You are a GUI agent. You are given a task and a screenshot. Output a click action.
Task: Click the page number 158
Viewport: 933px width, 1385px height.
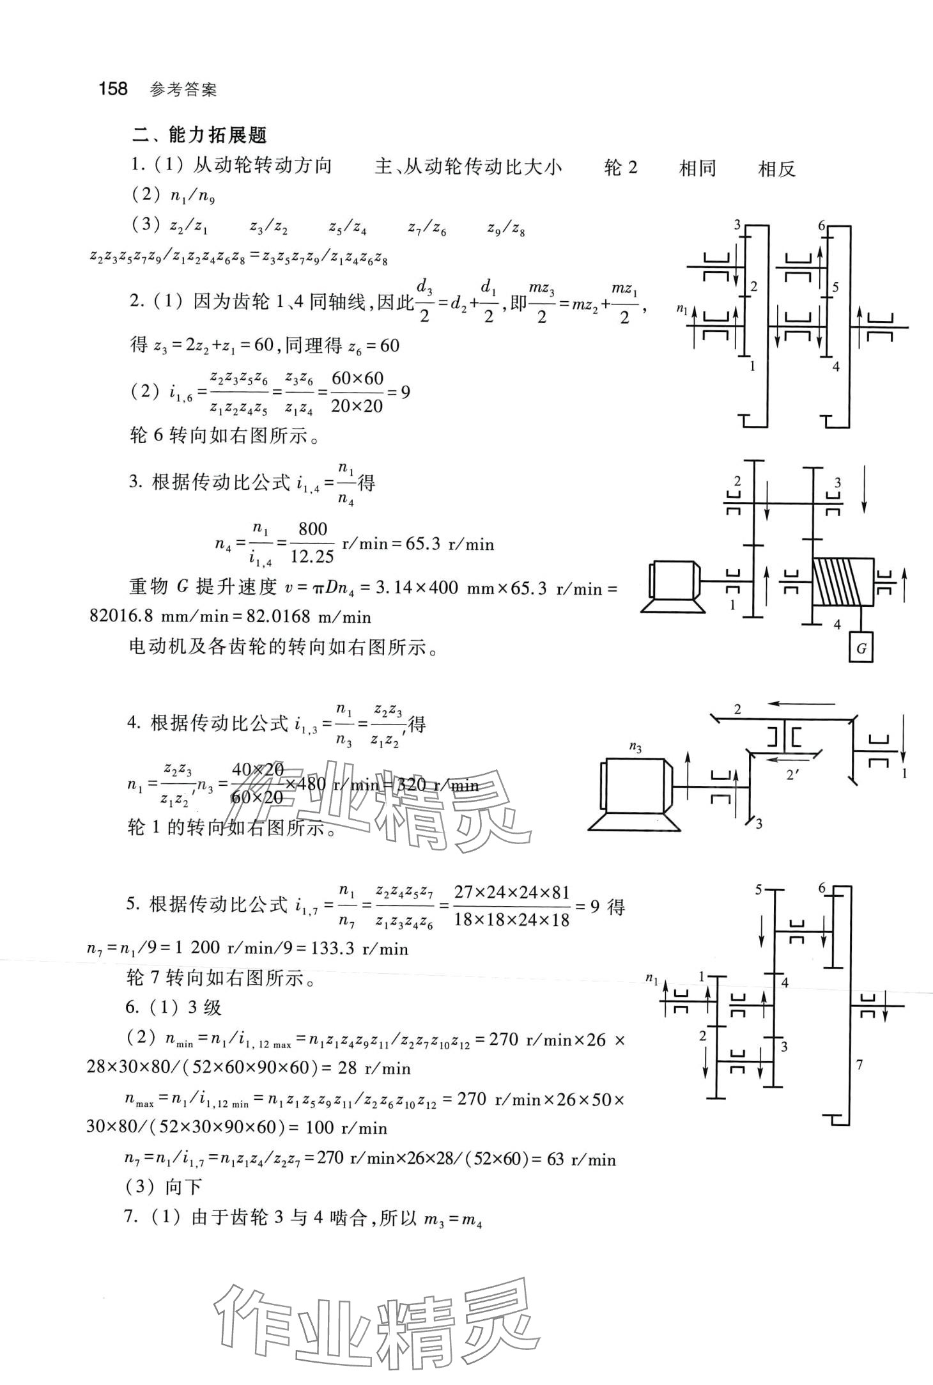(x=113, y=88)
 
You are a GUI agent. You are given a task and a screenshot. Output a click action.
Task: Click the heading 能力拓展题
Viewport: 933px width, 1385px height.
(x=217, y=135)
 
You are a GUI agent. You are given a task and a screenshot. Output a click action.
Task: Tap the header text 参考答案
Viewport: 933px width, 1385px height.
(x=183, y=90)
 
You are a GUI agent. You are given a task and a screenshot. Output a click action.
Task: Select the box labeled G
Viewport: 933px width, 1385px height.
(x=861, y=648)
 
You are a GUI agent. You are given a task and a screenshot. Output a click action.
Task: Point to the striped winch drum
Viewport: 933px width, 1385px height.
(x=842, y=581)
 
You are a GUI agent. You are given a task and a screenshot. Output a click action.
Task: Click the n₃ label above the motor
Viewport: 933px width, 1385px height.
(x=635, y=747)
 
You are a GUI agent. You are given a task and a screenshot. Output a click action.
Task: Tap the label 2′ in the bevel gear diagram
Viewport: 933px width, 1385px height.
(x=793, y=775)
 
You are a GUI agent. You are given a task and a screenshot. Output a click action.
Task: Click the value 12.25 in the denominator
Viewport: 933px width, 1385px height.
(x=312, y=557)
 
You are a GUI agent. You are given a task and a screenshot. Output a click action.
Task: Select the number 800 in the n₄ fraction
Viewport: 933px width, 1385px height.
(x=312, y=529)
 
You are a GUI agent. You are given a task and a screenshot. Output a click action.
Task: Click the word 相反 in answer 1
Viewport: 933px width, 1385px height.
(x=776, y=169)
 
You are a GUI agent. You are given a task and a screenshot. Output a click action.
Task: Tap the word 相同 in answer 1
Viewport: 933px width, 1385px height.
(x=697, y=169)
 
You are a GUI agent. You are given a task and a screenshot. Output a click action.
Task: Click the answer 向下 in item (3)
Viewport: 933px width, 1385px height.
(x=183, y=1187)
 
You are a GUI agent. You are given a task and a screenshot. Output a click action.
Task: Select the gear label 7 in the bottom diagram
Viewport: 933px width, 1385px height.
(x=860, y=1065)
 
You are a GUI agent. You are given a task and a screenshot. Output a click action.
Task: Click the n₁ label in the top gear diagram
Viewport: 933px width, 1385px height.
(x=682, y=310)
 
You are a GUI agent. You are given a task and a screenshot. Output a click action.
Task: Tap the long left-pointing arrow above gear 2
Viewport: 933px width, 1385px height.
(x=801, y=704)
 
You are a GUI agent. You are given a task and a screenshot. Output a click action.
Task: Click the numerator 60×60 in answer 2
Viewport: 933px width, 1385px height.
(x=358, y=378)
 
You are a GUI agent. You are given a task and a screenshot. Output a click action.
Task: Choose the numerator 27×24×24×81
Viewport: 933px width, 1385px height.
(x=511, y=892)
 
